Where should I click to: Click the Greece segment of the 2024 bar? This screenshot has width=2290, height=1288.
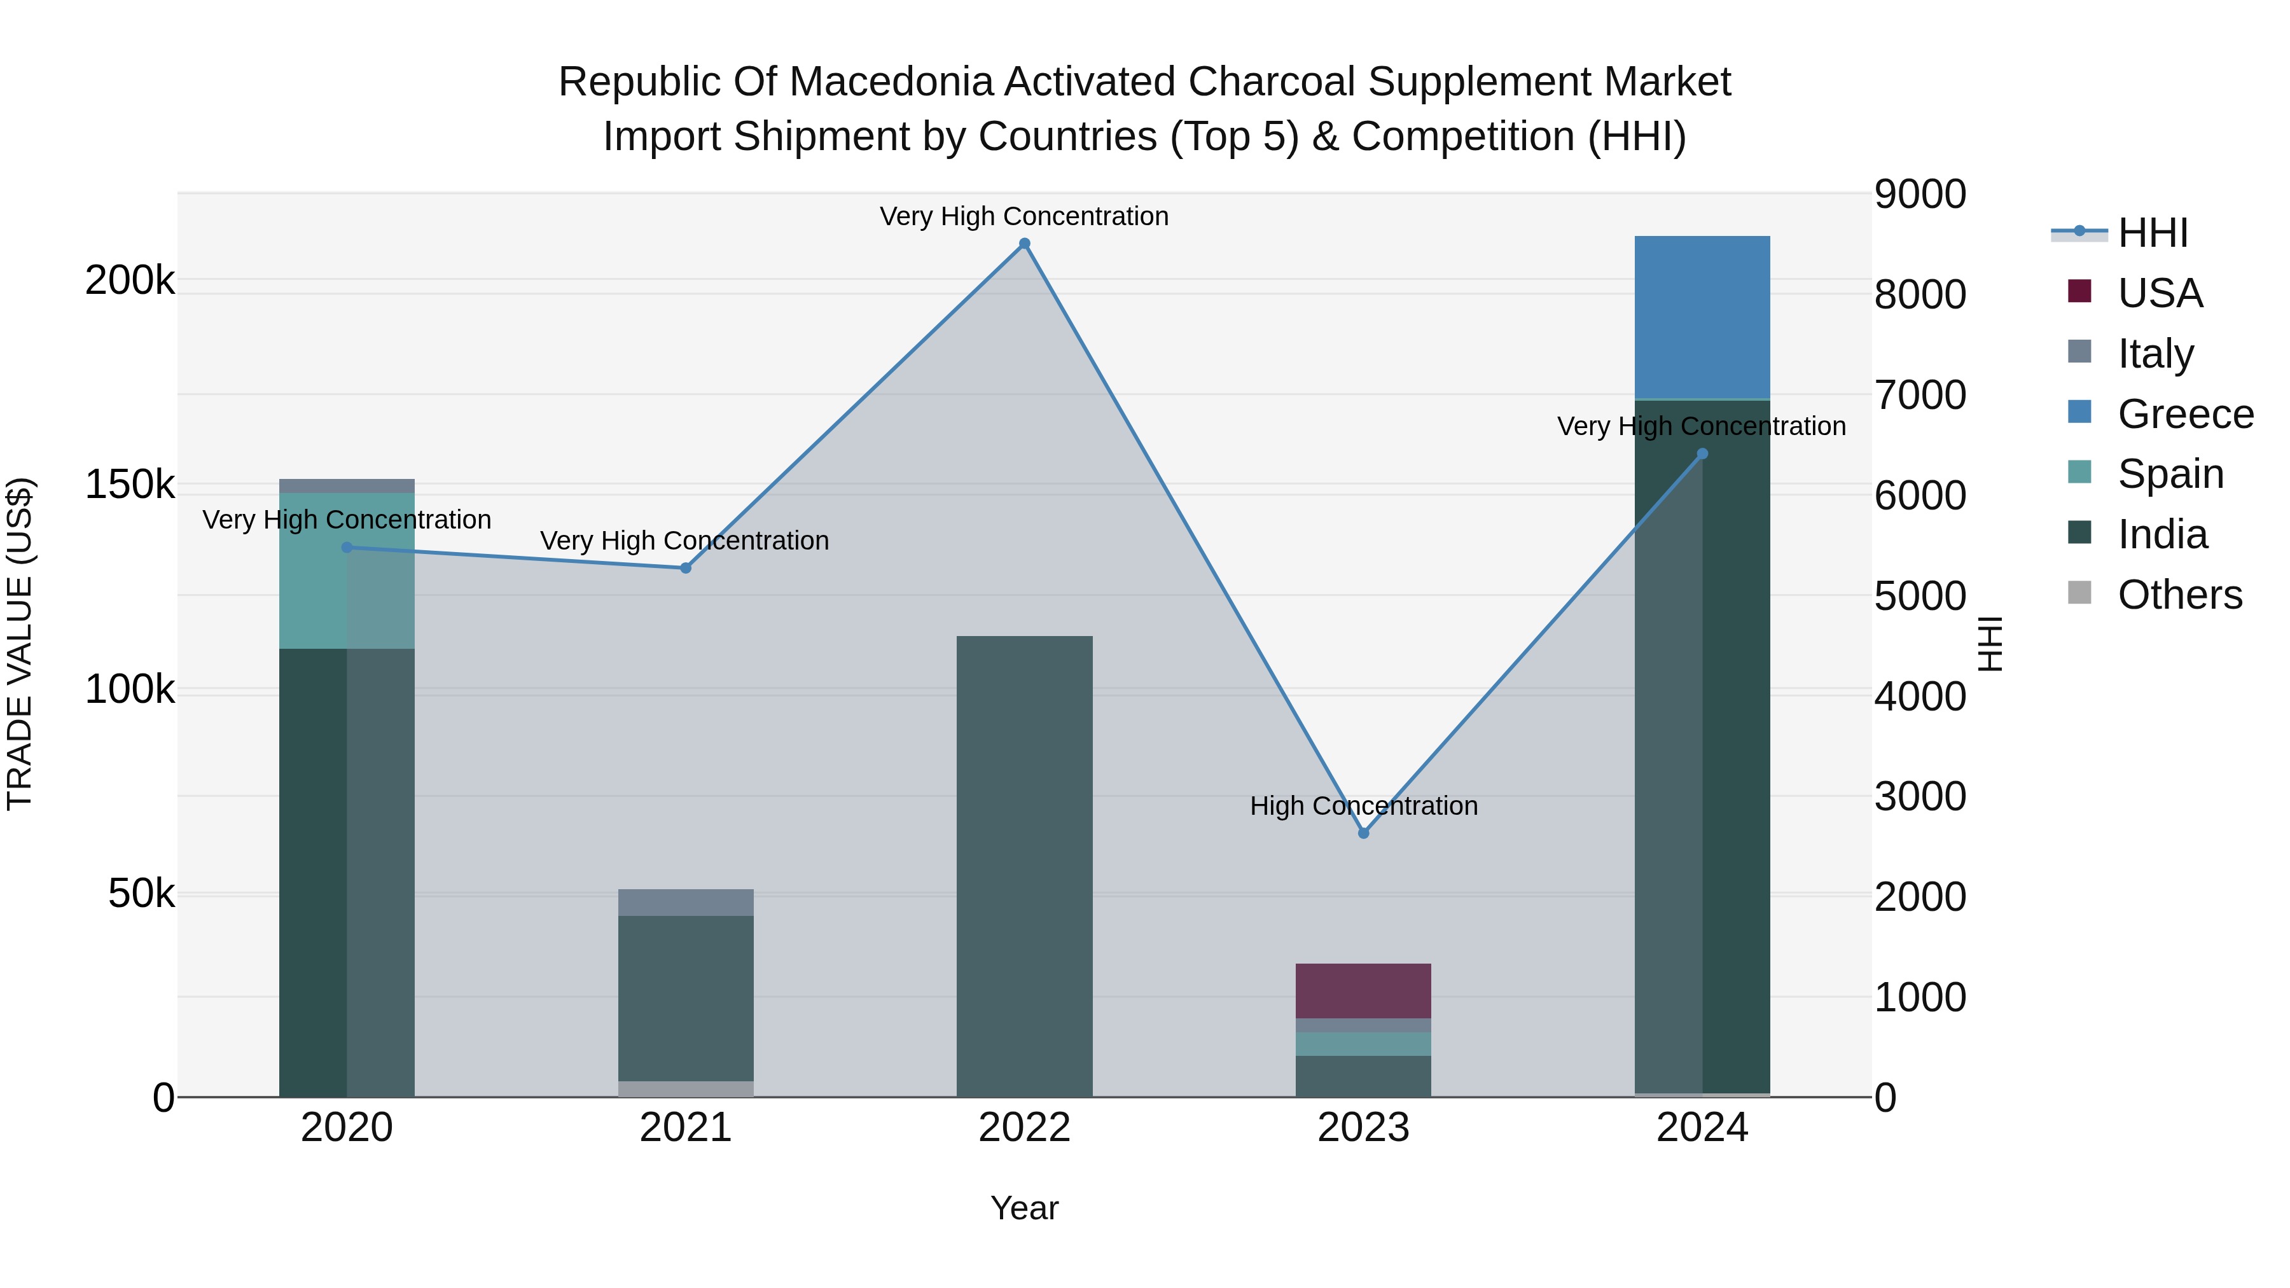coord(1702,317)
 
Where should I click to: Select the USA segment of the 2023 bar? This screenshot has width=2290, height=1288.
coord(1363,990)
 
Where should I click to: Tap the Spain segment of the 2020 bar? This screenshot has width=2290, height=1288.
coord(347,571)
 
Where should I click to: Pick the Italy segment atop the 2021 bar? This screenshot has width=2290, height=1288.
coord(685,901)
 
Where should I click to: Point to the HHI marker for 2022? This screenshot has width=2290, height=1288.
coord(1024,244)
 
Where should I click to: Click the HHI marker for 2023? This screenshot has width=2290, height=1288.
coord(1363,833)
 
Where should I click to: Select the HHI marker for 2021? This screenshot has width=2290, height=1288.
coord(685,568)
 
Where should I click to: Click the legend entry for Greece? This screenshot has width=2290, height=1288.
coord(2185,414)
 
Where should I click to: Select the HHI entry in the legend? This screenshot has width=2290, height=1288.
coord(2152,233)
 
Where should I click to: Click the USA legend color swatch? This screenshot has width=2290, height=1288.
coord(2079,291)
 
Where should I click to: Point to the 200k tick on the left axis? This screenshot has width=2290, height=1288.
coord(130,281)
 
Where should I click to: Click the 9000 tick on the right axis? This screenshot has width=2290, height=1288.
coord(1920,195)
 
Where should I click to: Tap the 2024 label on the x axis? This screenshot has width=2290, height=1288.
coord(1702,1128)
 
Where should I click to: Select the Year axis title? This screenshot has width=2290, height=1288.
coord(1024,1208)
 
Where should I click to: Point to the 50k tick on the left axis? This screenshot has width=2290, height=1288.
coord(141,894)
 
